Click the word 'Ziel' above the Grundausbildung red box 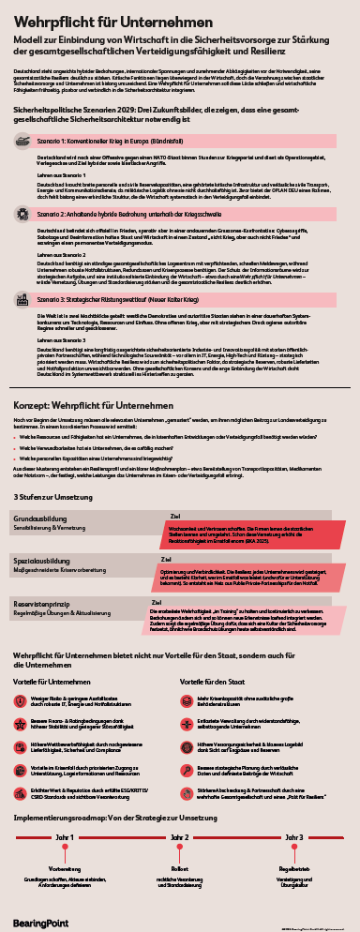point(175,516)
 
